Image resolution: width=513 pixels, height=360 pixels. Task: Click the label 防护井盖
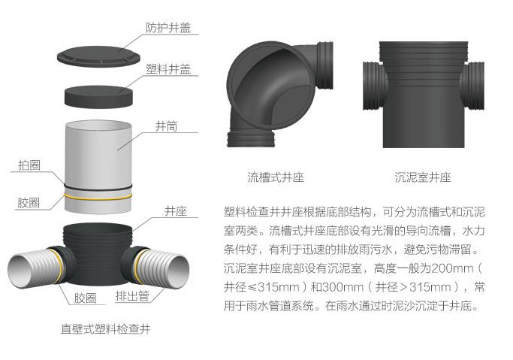click(168, 28)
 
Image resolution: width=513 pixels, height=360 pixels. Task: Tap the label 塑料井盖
click(168, 69)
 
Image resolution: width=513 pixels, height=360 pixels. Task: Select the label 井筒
click(166, 126)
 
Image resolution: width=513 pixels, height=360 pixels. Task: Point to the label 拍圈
click(29, 165)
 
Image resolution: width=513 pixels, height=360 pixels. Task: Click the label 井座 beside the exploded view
click(176, 211)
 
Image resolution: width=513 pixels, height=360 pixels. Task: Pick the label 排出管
click(132, 296)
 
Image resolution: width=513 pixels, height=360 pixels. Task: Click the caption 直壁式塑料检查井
click(106, 329)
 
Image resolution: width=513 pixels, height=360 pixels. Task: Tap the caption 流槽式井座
click(276, 177)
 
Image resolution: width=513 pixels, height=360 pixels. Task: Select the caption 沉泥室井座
click(423, 177)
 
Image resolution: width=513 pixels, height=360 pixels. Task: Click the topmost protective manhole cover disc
click(98, 56)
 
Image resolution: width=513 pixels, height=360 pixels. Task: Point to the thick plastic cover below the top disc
click(99, 96)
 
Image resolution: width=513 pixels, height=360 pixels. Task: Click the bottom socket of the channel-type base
click(252, 139)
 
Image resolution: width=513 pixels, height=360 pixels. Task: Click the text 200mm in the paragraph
click(452, 268)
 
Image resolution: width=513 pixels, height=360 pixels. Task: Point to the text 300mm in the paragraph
click(343, 287)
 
